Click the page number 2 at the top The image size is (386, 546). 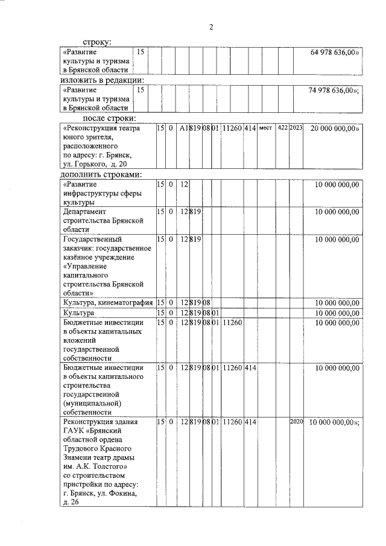pos(211,27)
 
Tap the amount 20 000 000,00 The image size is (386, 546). pos(335,129)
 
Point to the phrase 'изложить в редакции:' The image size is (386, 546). pos(101,80)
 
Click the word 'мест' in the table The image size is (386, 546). pos(266,129)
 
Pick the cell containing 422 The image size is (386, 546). pos(282,129)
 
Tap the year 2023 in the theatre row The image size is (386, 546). pos(296,129)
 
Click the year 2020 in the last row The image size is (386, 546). pos(296,422)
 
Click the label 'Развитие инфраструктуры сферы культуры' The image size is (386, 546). pos(100,194)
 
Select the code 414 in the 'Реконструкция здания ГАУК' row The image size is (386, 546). pos(250,422)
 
